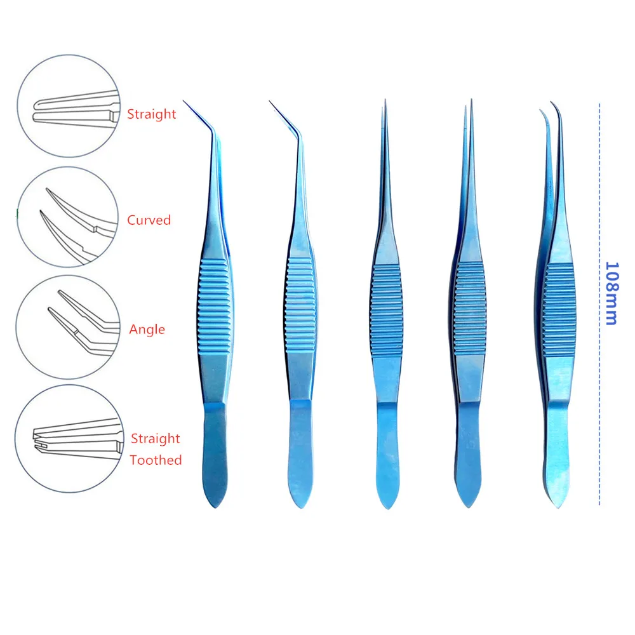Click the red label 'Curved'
coord(149,220)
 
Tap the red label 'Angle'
coord(147,330)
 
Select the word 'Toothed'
coord(156,460)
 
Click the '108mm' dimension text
coord(612,293)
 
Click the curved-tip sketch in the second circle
coord(77,225)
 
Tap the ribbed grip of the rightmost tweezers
coord(559,311)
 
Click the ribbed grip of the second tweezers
coord(301,306)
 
